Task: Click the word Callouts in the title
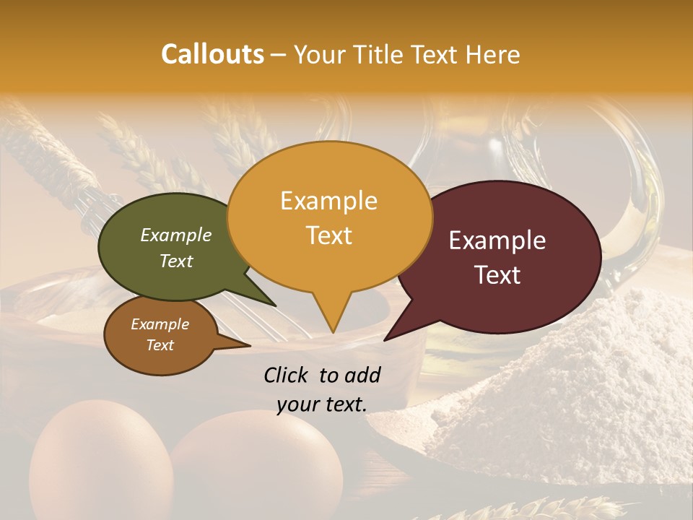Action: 212,54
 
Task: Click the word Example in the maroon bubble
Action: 497,240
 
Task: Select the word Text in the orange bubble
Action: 329,235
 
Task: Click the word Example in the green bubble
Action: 175,235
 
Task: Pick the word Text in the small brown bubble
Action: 160,345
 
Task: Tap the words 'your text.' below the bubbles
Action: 321,404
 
